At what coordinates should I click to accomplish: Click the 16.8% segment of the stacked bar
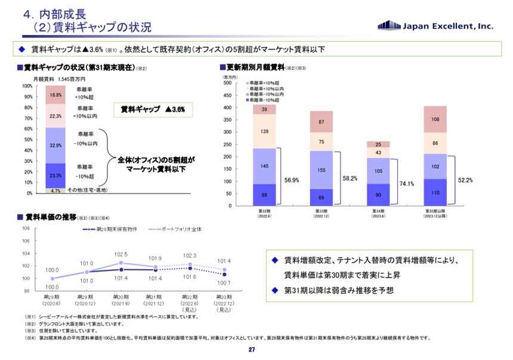point(55,95)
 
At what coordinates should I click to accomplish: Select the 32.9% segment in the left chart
point(55,145)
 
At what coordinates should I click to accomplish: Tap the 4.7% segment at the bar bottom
point(55,191)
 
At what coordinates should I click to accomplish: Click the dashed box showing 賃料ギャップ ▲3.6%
point(152,110)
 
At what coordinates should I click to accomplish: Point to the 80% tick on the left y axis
point(27,107)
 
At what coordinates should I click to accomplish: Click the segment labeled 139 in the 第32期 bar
point(264,131)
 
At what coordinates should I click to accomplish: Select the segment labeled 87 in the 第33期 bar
point(321,122)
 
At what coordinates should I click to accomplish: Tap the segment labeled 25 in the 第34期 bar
point(378,144)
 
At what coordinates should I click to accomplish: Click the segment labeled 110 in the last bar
point(435,193)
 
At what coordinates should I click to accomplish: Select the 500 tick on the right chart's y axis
point(227,83)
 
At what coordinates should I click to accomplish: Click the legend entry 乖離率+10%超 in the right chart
point(263,82)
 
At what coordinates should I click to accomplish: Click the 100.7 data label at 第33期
point(224,282)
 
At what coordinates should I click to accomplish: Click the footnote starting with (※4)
point(227,338)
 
